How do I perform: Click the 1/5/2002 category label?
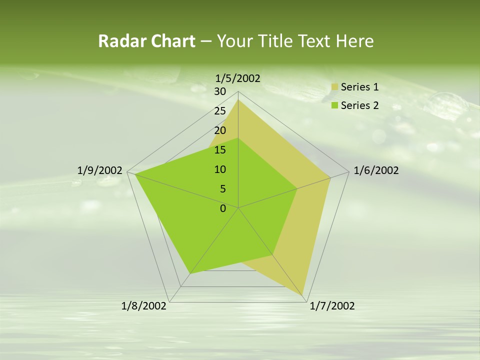point(237,78)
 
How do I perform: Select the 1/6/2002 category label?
point(376,170)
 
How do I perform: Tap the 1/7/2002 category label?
point(332,306)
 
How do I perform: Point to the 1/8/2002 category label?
point(144,306)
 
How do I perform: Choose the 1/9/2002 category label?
point(99,170)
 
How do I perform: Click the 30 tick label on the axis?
point(220,91)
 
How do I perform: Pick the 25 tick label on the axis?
point(220,111)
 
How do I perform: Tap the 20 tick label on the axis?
point(220,130)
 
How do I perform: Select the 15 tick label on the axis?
point(220,150)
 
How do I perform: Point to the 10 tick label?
point(220,169)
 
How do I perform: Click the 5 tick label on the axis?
point(223,189)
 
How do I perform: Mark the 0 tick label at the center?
point(223,208)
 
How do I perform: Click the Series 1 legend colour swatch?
point(335,87)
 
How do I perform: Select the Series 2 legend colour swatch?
point(335,105)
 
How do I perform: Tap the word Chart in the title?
point(173,41)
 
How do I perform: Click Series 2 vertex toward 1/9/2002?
point(135,174)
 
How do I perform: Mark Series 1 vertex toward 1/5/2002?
point(238,99)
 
